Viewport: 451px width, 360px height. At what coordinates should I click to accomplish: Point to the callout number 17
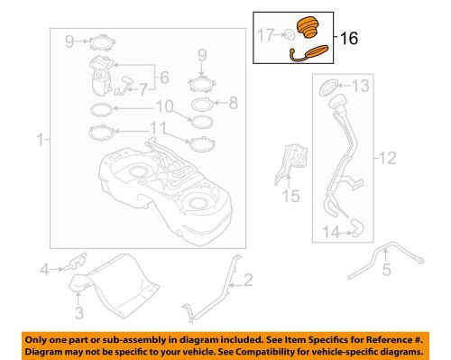click(x=267, y=36)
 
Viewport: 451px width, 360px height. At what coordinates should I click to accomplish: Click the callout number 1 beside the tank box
click(x=37, y=140)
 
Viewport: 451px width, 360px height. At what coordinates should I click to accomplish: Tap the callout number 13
click(x=361, y=87)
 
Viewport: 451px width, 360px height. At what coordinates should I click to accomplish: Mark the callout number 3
click(x=78, y=314)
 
